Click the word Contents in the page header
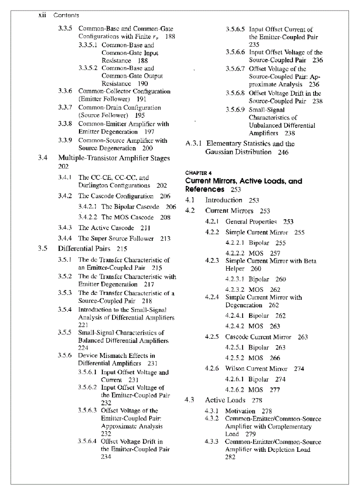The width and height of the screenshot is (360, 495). (66, 15)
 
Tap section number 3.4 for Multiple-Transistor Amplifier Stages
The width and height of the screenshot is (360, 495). (42, 158)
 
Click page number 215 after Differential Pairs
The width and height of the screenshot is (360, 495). (122, 249)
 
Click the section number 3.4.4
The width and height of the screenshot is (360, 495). (65, 238)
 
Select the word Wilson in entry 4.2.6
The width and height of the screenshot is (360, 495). (235, 368)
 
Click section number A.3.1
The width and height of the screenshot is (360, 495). (194, 144)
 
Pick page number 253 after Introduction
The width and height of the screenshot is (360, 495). (254, 200)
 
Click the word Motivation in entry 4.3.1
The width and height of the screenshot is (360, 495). (240, 411)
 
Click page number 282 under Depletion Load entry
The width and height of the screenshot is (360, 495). (230, 458)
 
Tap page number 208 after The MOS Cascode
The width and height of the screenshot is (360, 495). (165, 217)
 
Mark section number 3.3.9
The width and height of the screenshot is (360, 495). (65, 141)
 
